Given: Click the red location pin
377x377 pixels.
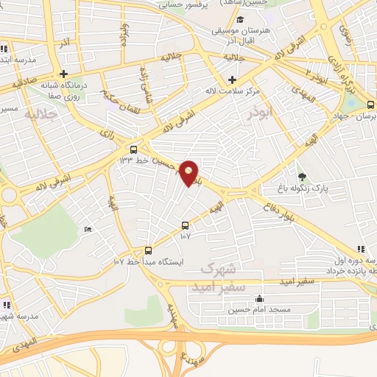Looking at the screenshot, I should pos(189,172).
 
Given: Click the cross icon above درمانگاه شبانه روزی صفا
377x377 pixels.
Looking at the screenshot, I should pos(64,74).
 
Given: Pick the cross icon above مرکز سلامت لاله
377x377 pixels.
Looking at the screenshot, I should pos(233,80).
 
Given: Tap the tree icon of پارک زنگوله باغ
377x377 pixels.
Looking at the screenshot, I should pos(301,177).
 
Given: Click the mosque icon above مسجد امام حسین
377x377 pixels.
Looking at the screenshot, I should pos(258,299).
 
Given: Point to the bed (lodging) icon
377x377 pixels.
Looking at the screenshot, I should pos(89,230).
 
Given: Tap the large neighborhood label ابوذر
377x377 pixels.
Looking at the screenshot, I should pos(262,113).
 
